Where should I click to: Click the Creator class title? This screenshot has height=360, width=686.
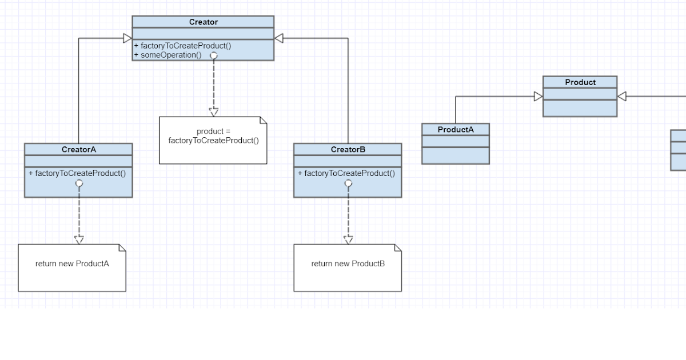[x=203, y=22]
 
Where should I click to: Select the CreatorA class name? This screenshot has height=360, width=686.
[x=78, y=150]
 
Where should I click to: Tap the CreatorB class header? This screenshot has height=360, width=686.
[x=348, y=150]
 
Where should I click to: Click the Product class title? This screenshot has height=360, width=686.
[x=580, y=82]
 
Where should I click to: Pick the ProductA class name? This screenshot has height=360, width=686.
[x=455, y=130]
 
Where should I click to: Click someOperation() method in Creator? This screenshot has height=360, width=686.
[x=168, y=55]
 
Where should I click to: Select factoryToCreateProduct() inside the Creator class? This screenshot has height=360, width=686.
[x=182, y=46]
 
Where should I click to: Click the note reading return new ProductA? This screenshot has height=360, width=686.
[x=72, y=264]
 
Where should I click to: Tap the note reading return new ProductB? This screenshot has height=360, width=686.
[x=348, y=264]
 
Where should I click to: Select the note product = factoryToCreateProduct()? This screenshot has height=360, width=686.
[x=213, y=137]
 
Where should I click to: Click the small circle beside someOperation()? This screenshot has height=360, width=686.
[x=213, y=55]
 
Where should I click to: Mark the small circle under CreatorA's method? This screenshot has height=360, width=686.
[x=79, y=183]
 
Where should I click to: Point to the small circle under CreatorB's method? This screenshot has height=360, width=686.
[x=348, y=183]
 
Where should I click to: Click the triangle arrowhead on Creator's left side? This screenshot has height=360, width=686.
[x=127, y=38]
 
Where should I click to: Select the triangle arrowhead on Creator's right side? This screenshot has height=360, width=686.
[x=279, y=38]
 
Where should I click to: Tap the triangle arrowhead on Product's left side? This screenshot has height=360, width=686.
[x=538, y=97]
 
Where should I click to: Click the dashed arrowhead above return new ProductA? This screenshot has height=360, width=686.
[x=79, y=239]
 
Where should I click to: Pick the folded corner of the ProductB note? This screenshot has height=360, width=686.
[x=398, y=248]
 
